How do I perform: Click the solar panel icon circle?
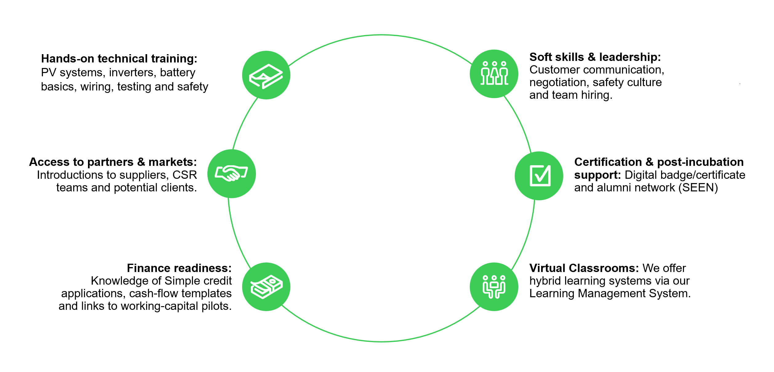(266, 75)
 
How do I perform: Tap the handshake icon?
(231, 174)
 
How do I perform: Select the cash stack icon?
(266, 287)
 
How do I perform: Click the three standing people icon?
(494, 74)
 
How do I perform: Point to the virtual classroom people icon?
(494, 287)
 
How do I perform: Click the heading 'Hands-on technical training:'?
(119, 58)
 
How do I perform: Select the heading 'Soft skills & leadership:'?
(595, 57)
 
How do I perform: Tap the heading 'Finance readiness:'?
(179, 268)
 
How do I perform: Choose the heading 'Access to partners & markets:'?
(113, 162)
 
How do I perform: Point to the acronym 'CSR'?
(185, 175)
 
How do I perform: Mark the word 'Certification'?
(608, 162)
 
